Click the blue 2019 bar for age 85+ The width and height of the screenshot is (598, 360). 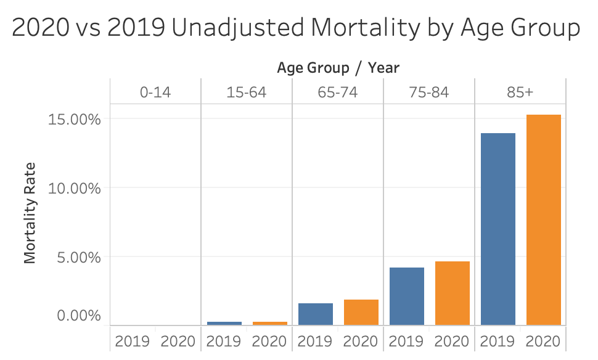(498, 229)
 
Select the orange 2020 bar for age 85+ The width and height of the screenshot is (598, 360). (543, 219)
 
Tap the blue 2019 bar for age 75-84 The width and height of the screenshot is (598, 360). (406, 296)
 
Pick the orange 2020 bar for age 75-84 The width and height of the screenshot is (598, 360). (452, 293)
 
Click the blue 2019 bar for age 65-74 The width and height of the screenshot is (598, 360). (315, 314)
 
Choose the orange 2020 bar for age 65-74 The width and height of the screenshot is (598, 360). (361, 312)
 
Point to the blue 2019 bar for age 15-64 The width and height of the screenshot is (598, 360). (224, 323)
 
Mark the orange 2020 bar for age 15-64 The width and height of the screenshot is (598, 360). (269, 323)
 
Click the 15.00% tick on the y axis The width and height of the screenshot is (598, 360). (74, 119)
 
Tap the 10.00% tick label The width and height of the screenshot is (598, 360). (74, 188)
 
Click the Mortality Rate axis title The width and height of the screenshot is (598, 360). (30, 213)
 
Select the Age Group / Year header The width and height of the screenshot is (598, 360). (338, 67)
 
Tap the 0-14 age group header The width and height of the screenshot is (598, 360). (155, 93)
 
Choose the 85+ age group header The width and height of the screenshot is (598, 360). (520, 93)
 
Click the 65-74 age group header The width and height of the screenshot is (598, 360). (338, 93)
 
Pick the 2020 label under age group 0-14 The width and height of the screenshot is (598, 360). (178, 341)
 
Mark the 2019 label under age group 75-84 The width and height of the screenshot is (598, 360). (406, 341)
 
